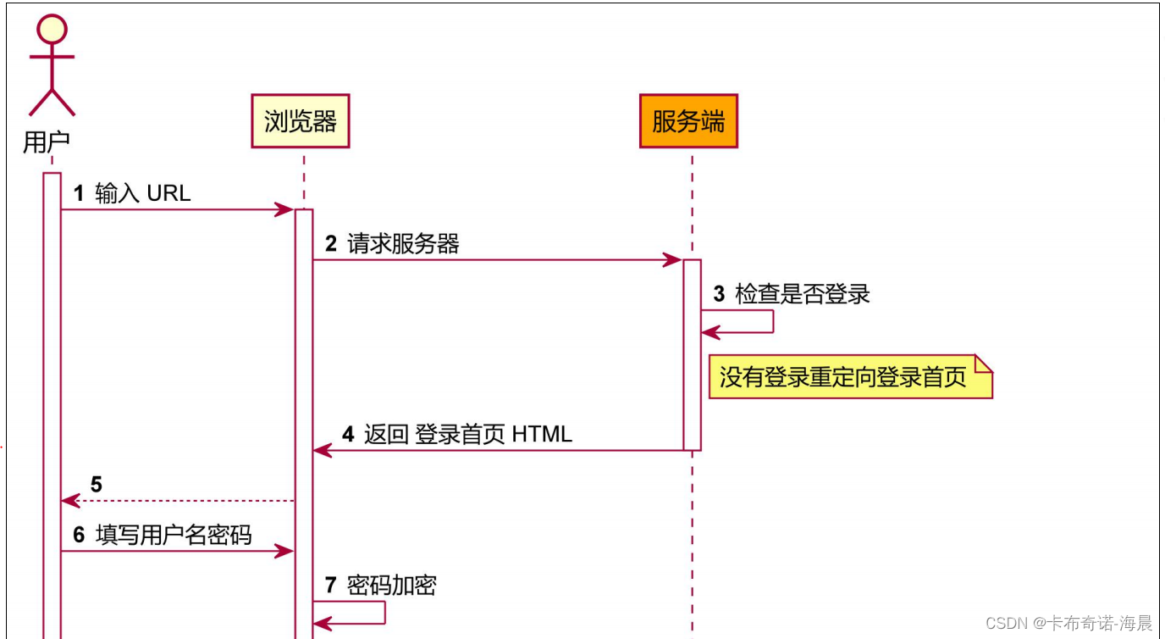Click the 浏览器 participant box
pyautogui.click(x=301, y=121)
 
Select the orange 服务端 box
pyautogui.click(x=688, y=121)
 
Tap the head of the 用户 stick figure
pyautogui.click(x=52, y=29)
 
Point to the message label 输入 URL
pyautogui.click(x=143, y=193)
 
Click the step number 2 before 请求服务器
pyautogui.click(x=331, y=245)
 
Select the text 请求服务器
pyautogui.click(x=403, y=245)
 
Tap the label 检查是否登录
pyautogui.click(x=803, y=294)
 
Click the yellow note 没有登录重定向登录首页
pyautogui.click(x=849, y=376)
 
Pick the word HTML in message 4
pyautogui.click(x=542, y=435)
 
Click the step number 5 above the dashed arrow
pyautogui.click(x=97, y=485)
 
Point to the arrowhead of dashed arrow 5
pyautogui.click(x=69, y=501)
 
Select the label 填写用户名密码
pyautogui.click(x=174, y=536)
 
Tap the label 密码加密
pyautogui.click(x=392, y=586)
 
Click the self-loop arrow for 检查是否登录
pyautogui.click(x=771, y=322)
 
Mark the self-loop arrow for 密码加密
pyautogui.click(x=384, y=613)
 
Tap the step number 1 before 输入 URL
pyautogui.click(x=79, y=193)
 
